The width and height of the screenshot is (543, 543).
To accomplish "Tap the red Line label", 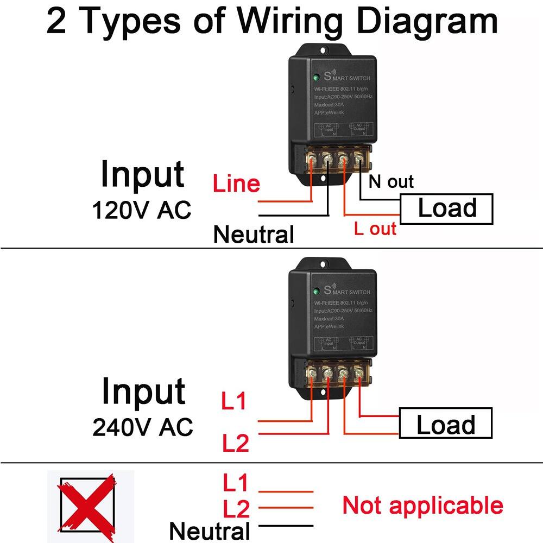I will tap(236, 184).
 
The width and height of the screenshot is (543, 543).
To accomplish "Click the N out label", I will tap(391, 181).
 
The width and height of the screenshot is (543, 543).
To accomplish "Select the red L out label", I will tap(375, 229).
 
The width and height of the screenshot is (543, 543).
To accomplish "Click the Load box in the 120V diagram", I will tap(446, 209).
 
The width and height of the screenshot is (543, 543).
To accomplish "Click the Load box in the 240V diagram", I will tap(445, 424).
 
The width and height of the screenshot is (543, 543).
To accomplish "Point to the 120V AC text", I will tap(142, 210).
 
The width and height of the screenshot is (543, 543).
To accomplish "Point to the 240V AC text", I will tap(142, 427).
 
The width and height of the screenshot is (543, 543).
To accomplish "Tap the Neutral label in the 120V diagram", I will tap(254, 235).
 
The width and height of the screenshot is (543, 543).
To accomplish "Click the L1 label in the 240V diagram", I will tap(234, 402).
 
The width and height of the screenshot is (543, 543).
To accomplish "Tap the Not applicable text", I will tap(422, 506).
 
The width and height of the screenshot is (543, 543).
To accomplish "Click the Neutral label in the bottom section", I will tap(210, 531).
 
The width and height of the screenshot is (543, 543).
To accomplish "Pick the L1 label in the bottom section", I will tap(235, 482).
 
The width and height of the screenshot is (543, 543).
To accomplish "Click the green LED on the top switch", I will tap(315, 77).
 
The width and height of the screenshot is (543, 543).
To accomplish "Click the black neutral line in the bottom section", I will tap(286, 525).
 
